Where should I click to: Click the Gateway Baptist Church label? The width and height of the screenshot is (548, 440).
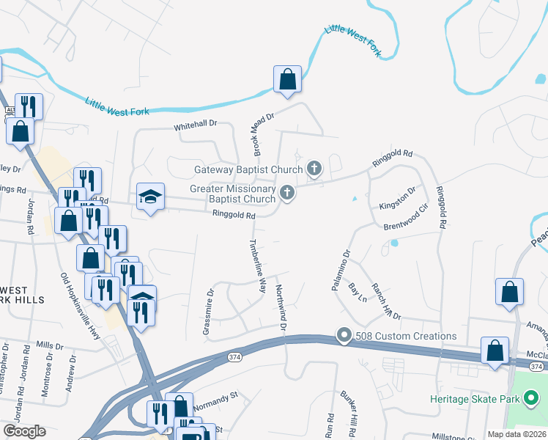(x=248, y=169)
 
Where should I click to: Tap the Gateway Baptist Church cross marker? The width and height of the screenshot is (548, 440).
(x=314, y=169)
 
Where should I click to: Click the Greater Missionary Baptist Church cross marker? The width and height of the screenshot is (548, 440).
(x=287, y=194)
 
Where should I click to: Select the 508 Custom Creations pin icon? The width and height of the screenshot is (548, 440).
(x=344, y=336)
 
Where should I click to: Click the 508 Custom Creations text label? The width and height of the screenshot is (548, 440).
(x=405, y=336)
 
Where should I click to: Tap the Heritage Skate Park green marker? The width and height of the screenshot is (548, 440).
(x=531, y=399)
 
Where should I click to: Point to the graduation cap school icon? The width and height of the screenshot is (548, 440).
(x=150, y=197)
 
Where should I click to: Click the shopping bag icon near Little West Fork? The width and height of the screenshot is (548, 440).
(x=287, y=79)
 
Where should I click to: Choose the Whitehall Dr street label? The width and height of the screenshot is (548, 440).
(x=196, y=127)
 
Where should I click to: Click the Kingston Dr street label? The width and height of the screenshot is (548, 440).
(x=398, y=199)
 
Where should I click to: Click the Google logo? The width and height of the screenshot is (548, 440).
(x=24, y=431)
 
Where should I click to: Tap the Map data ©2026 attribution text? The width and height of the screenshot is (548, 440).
(x=516, y=434)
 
